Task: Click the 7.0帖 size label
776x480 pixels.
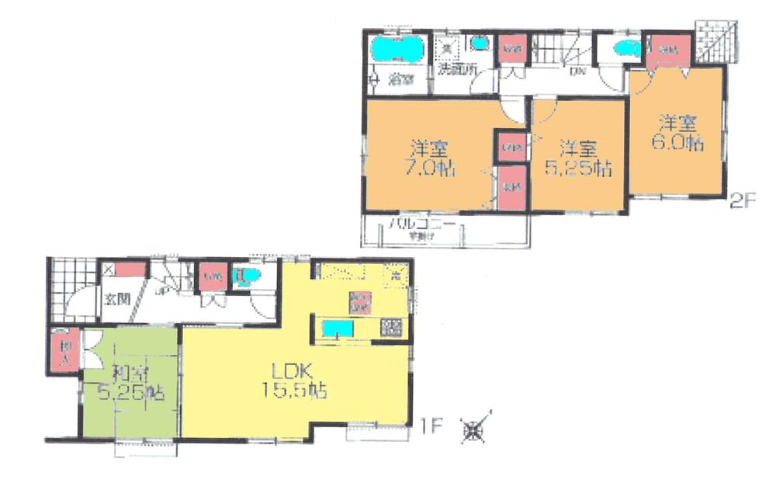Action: point(434,168)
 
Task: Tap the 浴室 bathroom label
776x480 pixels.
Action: point(400,79)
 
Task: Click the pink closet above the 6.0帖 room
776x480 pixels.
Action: point(664,50)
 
